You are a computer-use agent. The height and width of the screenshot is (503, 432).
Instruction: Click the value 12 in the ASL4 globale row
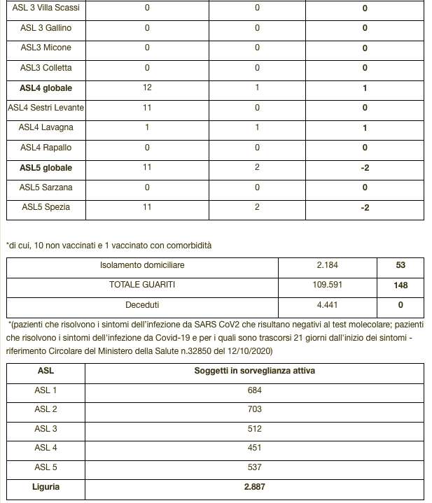pyautogui.click(x=147, y=88)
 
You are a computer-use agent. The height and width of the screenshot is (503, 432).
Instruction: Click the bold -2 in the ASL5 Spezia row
pyautogui.click(x=365, y=208)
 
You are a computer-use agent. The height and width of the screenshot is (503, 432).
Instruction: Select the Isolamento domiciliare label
pyautogui.click(x=142, y=266)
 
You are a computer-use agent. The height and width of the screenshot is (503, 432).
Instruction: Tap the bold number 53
pyautogui.click(x=400, y=266)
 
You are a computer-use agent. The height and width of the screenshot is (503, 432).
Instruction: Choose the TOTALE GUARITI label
pyautogui.click(x=142, y=285)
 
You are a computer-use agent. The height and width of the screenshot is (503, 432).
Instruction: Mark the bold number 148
pyautogui.click(x=400, y=285)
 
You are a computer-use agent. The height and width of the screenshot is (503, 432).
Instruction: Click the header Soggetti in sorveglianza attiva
pyautogui.click(x=254, y=371)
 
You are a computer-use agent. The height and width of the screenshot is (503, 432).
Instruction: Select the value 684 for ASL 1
pyautogui.click(x=254, y=390)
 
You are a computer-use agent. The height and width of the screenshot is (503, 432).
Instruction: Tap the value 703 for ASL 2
pyautogui.click(x=254, y=409)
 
